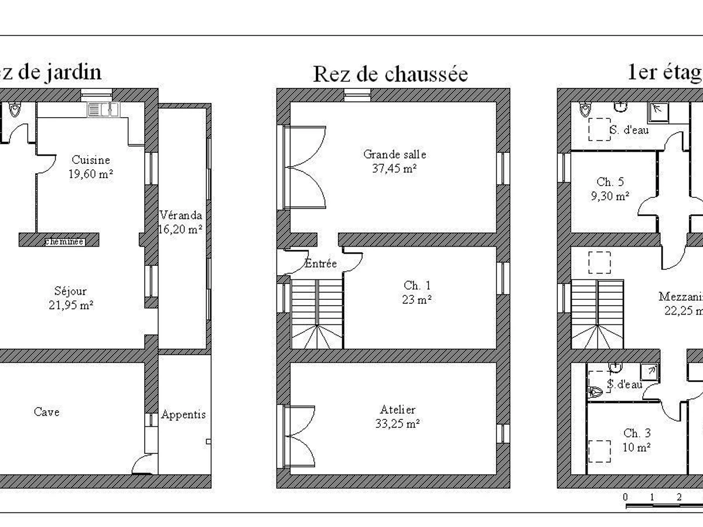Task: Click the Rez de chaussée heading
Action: [390, 74]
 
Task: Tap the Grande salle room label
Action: [394, 155]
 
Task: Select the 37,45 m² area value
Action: [394, 169]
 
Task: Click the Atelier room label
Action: [397, 410]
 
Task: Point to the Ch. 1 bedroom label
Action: [417, 286]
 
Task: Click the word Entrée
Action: [320, 264]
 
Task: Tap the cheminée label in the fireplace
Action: [64, 241]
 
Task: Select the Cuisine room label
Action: [91, 160]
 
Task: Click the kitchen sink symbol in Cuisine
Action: [104, 109]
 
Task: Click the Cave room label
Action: [46, 412]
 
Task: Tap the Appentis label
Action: [183, 415]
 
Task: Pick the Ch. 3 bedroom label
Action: [637, 433]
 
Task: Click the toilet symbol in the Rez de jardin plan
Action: [15, 109]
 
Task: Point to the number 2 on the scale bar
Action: [678, 497]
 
